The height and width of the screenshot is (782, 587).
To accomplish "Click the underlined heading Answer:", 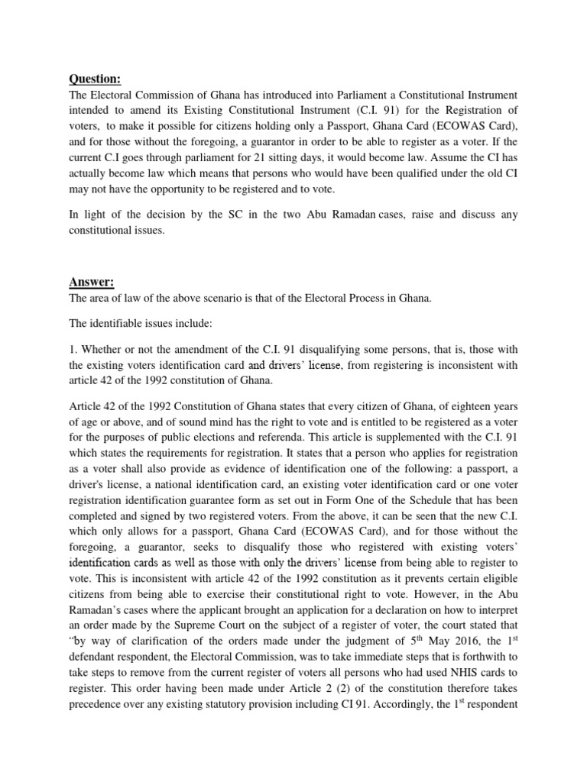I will click(92, 283).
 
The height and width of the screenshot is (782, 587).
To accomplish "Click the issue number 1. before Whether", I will click(74, 348).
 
